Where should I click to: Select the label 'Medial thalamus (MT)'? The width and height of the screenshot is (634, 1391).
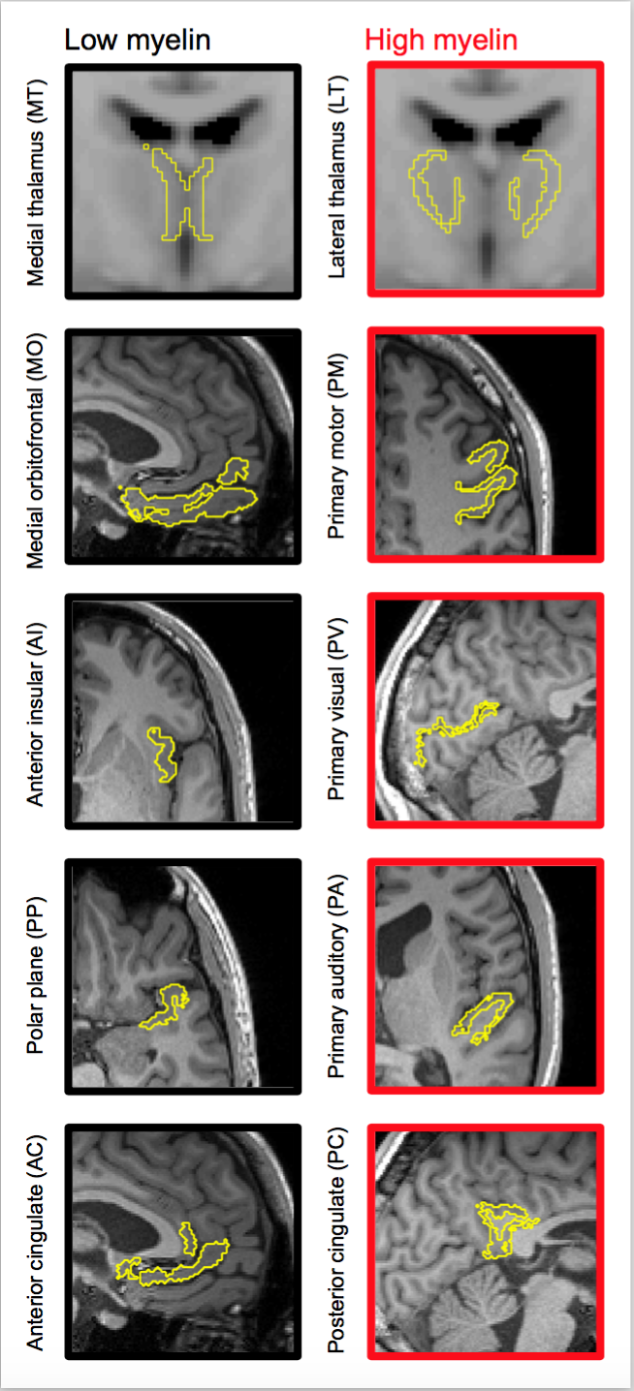pyautogui.click(x=36, y=180)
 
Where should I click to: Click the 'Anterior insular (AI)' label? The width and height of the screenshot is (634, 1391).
pyautogui.click(x=36, y=711)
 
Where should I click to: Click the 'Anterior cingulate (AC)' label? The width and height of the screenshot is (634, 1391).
pyautogui.click(x=36, y=1243)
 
